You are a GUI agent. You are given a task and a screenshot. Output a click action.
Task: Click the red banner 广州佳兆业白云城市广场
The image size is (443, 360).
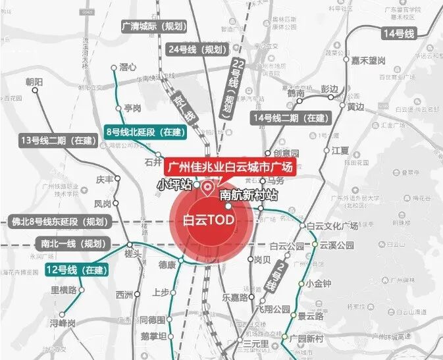coord(230,167)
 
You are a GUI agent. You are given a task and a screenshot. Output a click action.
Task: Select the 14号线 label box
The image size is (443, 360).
coord(400,33)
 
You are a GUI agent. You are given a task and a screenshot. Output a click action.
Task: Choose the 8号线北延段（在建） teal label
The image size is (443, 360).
coord(145,132)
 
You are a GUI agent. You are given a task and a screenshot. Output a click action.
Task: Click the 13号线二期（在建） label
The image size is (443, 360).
coord(58,140)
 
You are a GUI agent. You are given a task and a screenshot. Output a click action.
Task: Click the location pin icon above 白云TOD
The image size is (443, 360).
coord(208,189)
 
